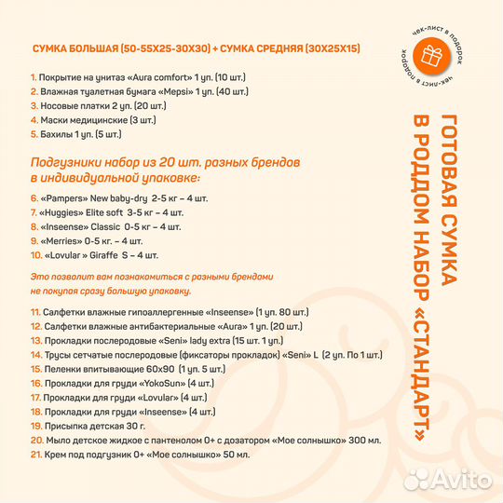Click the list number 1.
coord(34,77)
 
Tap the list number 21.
coord(35,455)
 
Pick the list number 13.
coord(35,341)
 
